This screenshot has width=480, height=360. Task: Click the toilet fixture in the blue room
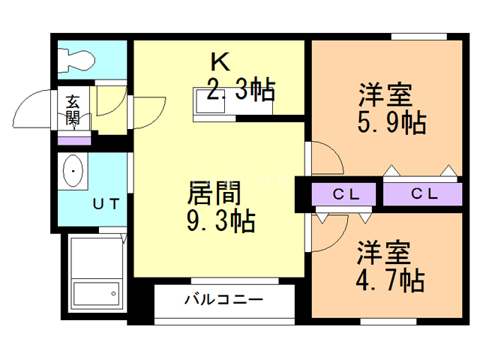pyautogui.click(x=76, y=59)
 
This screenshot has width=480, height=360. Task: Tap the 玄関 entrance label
pyautogui.click(x=73, y=109)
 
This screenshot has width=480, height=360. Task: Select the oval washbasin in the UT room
pyautogui.click(x=73, y=172)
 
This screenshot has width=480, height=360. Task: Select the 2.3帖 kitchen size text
pyautogui.click(x=240, y=91)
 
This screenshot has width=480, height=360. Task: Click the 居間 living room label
pyautogui.click(x=214, y=193)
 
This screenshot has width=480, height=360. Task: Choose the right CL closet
pyautogui.click(x=424, y=193)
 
